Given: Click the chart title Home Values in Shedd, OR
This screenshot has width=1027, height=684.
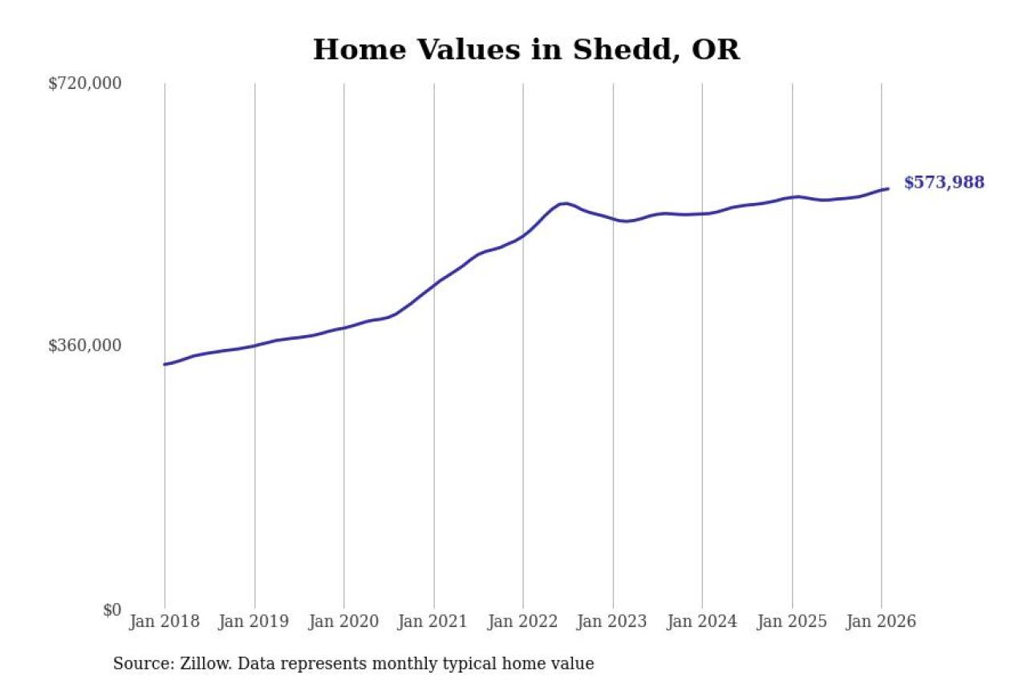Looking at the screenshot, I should click(526, 50).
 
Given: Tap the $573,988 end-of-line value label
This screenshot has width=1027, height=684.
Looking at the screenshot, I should click(944, 183).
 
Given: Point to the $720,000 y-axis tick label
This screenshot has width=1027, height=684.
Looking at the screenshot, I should click(85, 83).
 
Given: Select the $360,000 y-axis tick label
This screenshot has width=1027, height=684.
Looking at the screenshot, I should click(85, 346).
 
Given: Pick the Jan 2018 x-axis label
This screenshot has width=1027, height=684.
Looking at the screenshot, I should click(164, 621).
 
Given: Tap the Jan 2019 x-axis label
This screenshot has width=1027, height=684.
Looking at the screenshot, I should click(254, 621).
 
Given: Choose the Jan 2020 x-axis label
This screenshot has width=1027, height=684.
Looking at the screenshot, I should click(344, 621).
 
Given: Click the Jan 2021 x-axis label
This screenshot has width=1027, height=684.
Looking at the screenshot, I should click(434, 621).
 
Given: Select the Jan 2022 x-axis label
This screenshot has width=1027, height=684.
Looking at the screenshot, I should click(523, 621).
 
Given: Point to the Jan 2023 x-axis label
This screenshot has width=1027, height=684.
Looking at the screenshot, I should click(613, 621).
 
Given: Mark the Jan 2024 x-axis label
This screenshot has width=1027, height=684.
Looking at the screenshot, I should click(702, 621).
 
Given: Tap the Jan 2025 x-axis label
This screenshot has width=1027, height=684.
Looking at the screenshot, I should click(792, 621).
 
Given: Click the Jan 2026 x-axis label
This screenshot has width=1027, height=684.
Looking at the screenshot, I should click(881, 621).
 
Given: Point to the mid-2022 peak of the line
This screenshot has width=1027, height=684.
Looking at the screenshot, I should click(565, 203).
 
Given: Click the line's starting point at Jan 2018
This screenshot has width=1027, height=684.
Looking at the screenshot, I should click(165, 364).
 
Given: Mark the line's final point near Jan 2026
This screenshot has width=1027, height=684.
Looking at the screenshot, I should click(887, 188).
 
